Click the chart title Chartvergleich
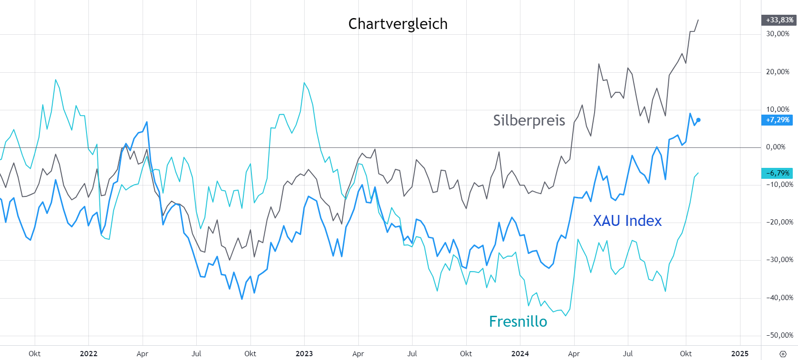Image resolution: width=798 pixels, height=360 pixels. click(x=398, y=24)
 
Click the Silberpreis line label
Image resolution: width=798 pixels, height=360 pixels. click(x=529, y=120)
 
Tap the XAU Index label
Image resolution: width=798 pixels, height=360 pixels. click(x=627, y=221)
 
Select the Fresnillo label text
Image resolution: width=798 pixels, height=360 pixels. click(x=518, y=321)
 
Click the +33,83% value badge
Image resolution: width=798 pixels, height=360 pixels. click(x=779, y=20)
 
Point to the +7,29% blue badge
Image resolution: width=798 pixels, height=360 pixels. click(x=778, y=120)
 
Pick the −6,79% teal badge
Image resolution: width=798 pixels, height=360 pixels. click(x=778, y=173)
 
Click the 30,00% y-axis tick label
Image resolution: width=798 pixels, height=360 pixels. click(x=778, y=34)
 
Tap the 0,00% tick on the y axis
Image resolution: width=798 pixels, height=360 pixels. click(x=776, y=147)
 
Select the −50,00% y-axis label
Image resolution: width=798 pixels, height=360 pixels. click(x=779, y=335)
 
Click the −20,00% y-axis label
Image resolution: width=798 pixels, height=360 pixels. click(x=779, y=222)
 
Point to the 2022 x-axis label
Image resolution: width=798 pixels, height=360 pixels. click(x=88, y=354)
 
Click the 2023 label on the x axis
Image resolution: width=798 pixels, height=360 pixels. click(x=304, y=354)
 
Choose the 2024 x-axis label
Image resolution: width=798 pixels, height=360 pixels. click(x=520, y=354)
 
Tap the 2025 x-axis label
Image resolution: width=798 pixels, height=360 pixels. click(x=740, y=354)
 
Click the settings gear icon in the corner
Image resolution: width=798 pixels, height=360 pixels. click(x=783, y=354)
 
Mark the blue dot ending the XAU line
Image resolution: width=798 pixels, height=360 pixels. click(x=698, y=120)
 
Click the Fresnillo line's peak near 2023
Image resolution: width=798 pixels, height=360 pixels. click(x=304, y=83)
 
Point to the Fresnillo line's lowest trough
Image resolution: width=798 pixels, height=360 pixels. click(x=566, y=316)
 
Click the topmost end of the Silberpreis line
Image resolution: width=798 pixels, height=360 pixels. click(x=698, y=20)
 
